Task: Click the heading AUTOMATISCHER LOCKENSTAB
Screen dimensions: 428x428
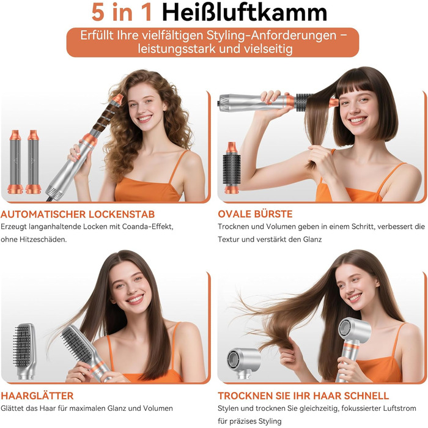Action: click(x=78, y=214)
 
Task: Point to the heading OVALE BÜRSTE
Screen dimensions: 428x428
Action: click(x=255, y=214)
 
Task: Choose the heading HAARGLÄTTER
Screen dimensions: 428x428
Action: click(x=37, y=396)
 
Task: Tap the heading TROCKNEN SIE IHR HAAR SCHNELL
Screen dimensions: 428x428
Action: click(x=303, y=396)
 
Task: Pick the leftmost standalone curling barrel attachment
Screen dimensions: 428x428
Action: click(x=15, y=161)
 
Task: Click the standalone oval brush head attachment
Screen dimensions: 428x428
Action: click(x=232, y=168)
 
